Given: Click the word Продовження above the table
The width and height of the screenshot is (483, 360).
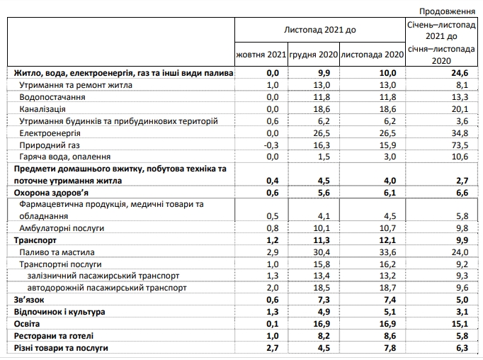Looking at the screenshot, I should click(447, 11).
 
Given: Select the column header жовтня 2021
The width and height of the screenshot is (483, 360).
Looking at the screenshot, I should click(261, 54).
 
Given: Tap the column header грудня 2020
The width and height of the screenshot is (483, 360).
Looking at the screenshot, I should click(314, 54).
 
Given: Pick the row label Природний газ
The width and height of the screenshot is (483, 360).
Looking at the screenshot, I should click(49, 144).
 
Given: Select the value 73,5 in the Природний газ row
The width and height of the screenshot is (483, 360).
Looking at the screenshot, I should click(460, 144).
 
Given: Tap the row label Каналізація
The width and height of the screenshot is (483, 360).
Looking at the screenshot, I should click(43, 108).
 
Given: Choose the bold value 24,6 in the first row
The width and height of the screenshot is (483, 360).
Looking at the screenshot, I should click(460, 73).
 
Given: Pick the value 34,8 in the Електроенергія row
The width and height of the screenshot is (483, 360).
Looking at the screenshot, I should click(460, 132).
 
